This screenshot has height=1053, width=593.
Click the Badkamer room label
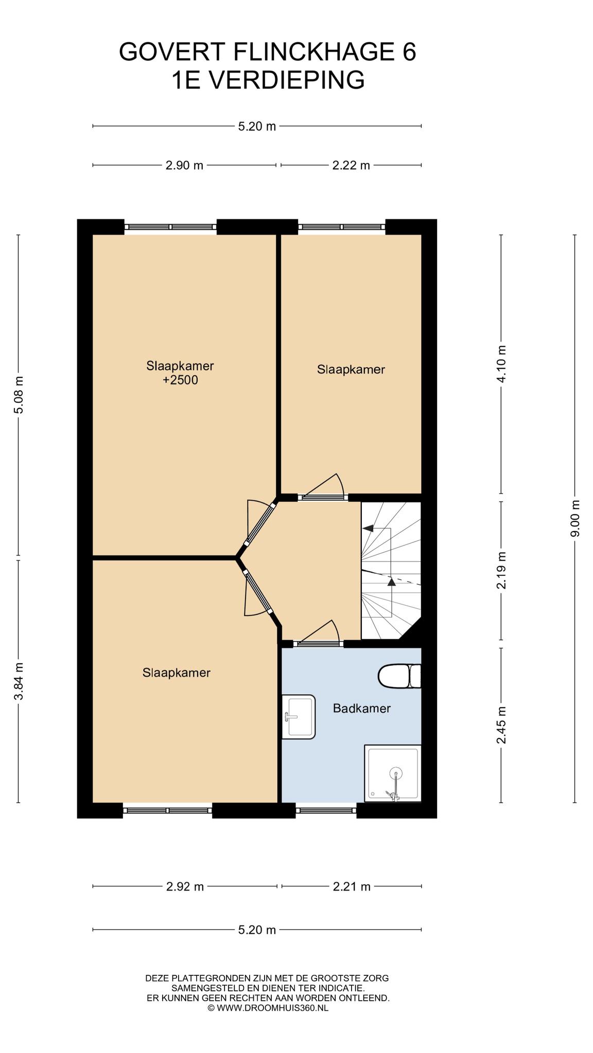point(361,708)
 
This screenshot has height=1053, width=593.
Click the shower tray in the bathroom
point(393,773)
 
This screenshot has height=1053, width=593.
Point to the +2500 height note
point(180,380)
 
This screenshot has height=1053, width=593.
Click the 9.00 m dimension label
point(575,518)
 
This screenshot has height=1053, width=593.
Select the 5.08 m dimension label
point(19,395)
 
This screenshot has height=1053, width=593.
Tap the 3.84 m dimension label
point(19,681)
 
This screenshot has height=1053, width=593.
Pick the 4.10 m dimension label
point(501,363)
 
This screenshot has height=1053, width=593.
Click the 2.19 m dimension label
point(501,570)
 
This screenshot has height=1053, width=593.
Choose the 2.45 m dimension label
point(501,725)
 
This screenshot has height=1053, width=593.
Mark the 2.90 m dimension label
point(184,165)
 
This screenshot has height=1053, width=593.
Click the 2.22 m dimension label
point(351,165)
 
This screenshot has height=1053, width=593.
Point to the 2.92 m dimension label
point(185,886)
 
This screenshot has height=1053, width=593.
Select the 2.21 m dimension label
point(352,886)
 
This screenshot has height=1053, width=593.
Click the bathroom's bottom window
point(326,810)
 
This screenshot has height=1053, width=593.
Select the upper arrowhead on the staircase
point(368,528)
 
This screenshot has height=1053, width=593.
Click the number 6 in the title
point(409,52)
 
